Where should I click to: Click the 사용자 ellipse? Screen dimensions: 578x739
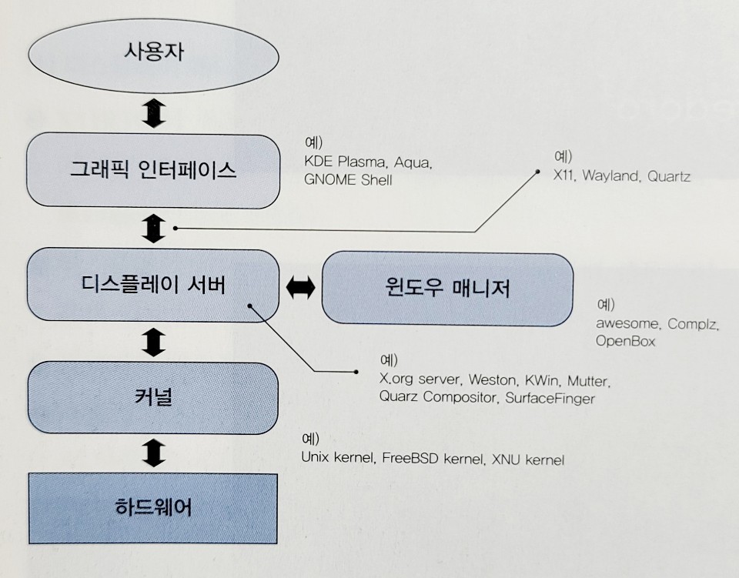coord(154,55)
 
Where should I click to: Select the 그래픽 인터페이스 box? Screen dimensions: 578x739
coord(152,170)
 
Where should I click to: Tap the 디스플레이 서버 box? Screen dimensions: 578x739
coord(152,286)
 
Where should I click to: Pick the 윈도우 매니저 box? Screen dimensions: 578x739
coord(447,289)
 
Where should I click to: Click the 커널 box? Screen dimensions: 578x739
coord(152,397)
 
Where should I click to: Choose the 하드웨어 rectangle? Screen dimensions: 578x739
coord(152,509)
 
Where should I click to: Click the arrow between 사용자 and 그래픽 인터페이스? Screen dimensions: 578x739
coord(155,113)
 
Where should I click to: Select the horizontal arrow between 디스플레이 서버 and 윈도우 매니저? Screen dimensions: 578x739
coord(301,288)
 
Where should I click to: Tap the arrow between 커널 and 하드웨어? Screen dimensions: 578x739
coord(155,453)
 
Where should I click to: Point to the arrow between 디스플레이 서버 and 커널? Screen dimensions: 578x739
coord(155,341)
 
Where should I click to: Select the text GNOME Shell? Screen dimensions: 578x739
coord(349,180)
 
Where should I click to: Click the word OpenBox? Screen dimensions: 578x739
coord(625,340)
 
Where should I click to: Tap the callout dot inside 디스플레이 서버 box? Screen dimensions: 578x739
coord(250,306)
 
